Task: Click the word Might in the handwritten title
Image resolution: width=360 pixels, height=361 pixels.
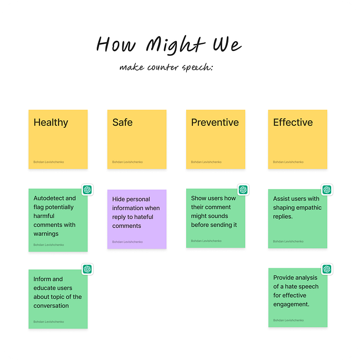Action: coord(176,45)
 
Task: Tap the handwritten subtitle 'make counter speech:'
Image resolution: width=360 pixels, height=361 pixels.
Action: coord(166,67)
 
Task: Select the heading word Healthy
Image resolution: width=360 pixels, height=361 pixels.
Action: coord(51,123)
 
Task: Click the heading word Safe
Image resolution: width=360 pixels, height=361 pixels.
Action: coord(122,122)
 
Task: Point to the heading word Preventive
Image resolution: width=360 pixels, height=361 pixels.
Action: coord(215,122)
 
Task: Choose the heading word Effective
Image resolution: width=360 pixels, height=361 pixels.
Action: coord(293,122)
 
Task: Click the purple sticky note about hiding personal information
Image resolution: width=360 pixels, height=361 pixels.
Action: coord(137,219)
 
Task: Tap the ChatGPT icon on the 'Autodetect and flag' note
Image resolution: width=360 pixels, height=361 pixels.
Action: coord(87,190)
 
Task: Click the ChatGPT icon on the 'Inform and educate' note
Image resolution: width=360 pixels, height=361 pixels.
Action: coord(87,269)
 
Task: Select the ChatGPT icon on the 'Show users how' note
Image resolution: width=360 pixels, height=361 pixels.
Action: coord(243,190)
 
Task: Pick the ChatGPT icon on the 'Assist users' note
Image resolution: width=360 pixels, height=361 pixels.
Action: coord(327,190)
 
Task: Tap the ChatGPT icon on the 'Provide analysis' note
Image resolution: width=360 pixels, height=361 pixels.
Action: coord(327,269)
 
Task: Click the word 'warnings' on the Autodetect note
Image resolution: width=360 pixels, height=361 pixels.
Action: coord(46,234)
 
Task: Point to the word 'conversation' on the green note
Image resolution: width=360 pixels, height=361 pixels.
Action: coord(51,306)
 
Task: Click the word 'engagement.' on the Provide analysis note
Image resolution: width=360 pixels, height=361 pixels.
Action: coord(291,304)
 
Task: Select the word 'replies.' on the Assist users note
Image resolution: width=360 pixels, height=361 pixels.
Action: coord(283,216)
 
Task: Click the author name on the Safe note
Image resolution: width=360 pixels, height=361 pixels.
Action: coord(128,162)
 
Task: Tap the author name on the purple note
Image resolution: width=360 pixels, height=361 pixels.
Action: coord(128,242)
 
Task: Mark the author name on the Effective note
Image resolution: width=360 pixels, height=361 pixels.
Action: coord(289,162)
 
